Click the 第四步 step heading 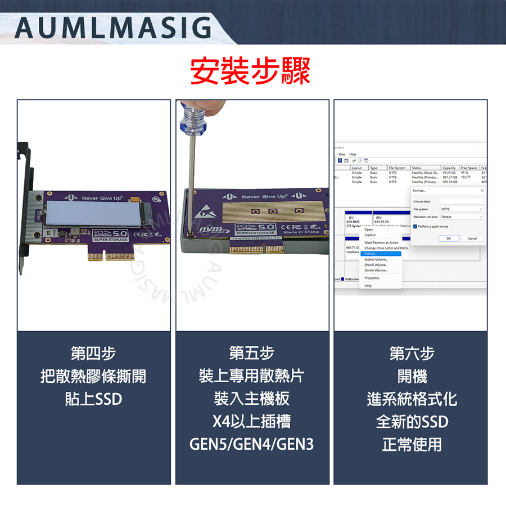(x=93, y=353)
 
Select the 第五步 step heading (x=252, y=353)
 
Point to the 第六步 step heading (x=412, y=353)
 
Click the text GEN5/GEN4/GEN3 (x=252, y=444)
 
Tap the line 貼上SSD (x=93, y=399)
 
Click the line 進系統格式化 (x=412, y=399)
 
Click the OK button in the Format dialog (x=448, y=238)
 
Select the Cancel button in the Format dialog (x=472, y=238)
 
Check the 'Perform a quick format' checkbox (x=415, y=226)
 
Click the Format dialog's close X (x=481, y=191)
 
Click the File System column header (x=397, y=168)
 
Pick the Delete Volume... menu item (x=376, y=270)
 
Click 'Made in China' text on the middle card (x=301, y=232)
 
